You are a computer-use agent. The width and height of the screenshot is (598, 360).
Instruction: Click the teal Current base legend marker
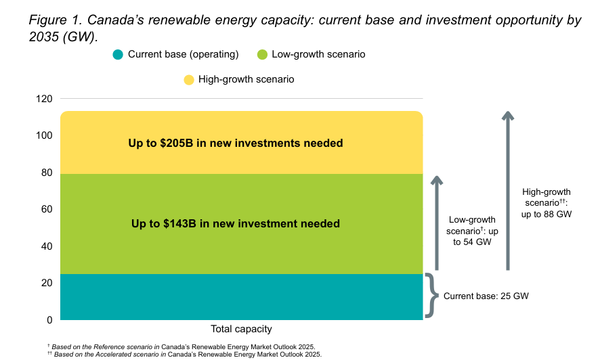click(x=119, y=54)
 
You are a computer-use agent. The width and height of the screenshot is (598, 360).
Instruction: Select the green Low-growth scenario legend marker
click(x=262, y=54)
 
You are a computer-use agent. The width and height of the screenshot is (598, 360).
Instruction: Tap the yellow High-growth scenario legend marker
click(x=189, y=80)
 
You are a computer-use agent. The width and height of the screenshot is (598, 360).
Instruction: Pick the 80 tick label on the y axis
click(x=46, y=173)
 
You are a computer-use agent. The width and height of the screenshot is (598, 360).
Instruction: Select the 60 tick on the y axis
click(x=46, y=209)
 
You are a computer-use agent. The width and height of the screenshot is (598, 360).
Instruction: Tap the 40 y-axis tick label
click(x=46, y=246)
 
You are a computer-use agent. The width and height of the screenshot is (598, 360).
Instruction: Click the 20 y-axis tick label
click(x=46, y=283)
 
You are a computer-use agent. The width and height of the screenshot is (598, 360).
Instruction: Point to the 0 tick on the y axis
click(x=49, y=319)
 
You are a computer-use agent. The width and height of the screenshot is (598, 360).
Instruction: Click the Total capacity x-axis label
click(x=241, y=330)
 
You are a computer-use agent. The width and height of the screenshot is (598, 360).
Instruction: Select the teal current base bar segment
click(x=241, y=296)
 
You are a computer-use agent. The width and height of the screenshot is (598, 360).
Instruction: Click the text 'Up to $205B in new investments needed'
click(x=236, y=143)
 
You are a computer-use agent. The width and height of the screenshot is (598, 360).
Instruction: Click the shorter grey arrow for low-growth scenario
click(x=437, y=223)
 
